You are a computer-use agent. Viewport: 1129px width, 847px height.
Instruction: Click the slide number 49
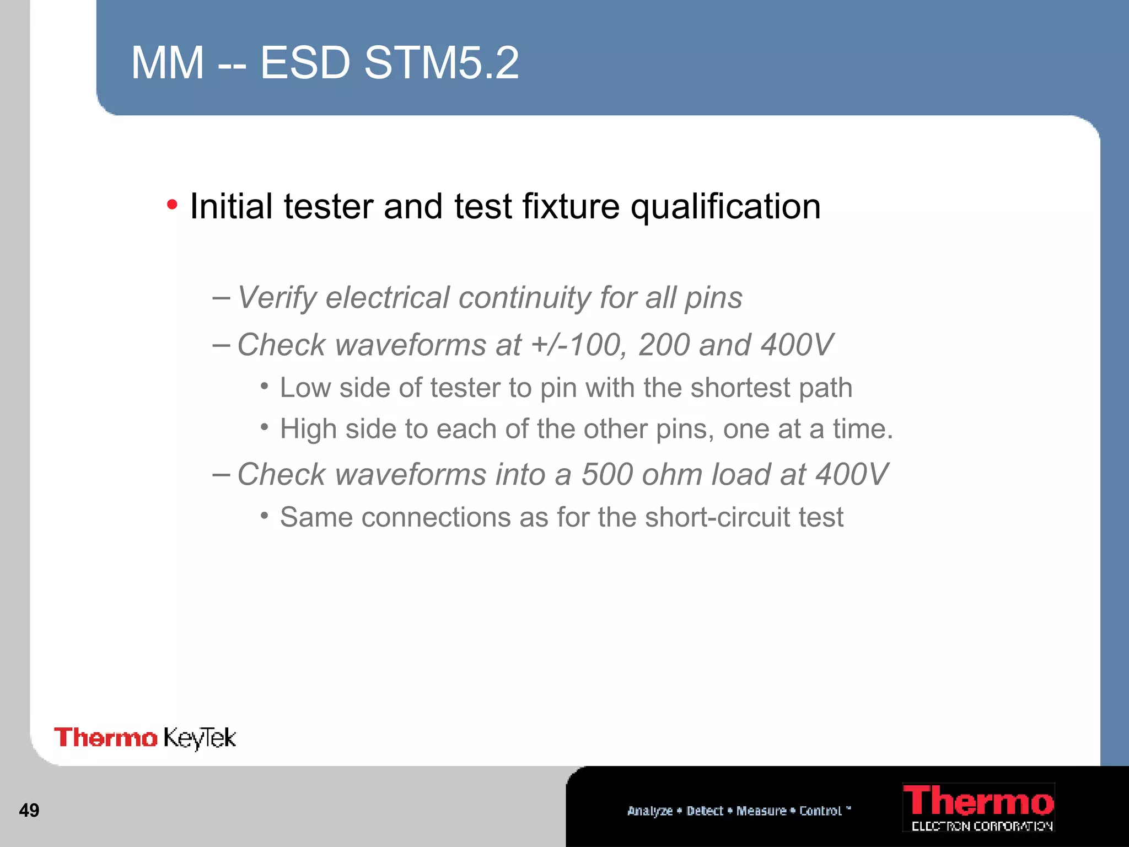pos(29,810)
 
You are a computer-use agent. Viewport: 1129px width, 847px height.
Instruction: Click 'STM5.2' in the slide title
pos(441,63)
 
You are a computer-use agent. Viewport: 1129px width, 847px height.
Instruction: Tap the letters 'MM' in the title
pos(168,63)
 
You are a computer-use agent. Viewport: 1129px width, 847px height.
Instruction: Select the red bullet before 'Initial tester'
pos(172,205)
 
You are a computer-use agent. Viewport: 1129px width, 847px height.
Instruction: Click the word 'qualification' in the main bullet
pos(725,207)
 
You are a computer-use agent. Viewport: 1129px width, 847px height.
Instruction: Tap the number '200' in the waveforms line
pos(664,345)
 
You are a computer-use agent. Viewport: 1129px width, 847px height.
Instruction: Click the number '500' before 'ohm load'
pos(607,474)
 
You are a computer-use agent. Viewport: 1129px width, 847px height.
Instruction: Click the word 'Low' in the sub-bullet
pos(305,388)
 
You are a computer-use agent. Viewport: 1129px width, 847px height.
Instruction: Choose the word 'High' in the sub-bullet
pos(308,429)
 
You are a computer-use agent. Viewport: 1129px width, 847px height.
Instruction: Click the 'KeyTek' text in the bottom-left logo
pos(200,738)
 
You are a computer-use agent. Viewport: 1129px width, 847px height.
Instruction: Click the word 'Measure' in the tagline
pos(761,811)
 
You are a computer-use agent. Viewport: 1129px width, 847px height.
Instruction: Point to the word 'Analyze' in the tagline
pos(650,811)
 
